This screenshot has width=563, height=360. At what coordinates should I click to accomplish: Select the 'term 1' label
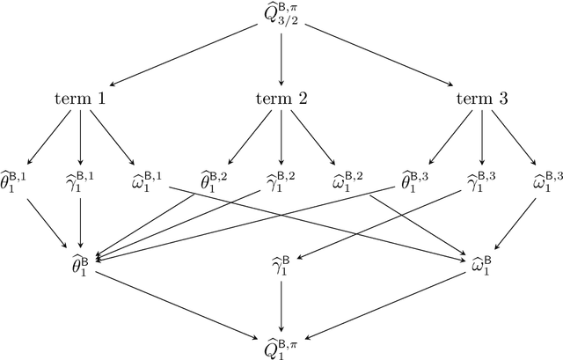click(80, 99)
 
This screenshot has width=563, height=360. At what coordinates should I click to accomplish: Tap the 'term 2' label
click(281, 99)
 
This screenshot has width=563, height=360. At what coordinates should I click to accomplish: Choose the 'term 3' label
click(481, 99)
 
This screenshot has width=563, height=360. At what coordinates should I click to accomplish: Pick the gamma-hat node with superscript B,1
click(80, 184)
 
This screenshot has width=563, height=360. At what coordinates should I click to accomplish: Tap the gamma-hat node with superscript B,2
click(281, 184)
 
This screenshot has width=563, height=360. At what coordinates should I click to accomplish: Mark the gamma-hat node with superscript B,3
click(481, 184)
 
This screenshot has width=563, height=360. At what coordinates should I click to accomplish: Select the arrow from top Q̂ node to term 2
click(281, 57)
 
